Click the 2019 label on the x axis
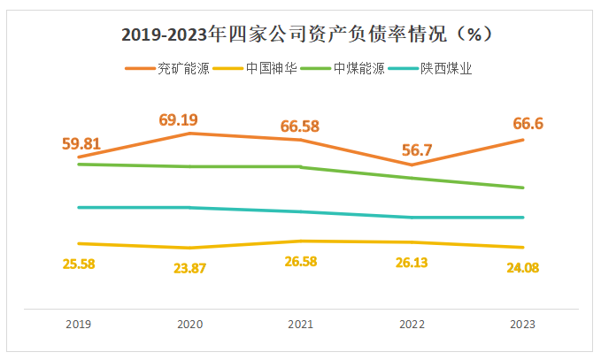click(x=79, y=325)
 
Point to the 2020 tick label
click(x=190, y=325)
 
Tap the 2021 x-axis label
click(x=302, y=325)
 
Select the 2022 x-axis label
click(x=412, y=325)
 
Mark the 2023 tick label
click(x=523, y=325)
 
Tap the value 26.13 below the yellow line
click(x=412, y=264)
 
